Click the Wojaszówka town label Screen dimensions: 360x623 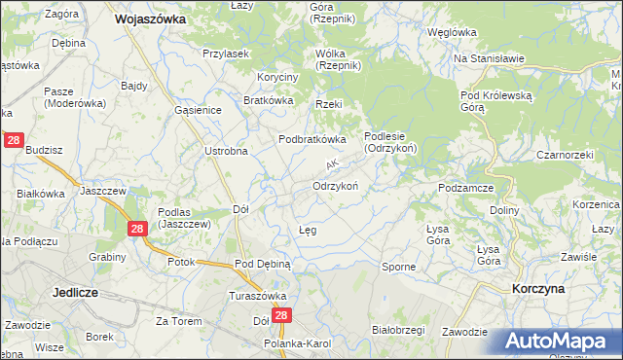click(151, 18)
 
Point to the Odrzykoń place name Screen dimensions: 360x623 click(337, 186)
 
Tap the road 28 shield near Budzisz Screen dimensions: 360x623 click(14, 141)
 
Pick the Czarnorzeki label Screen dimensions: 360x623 click(565, 155)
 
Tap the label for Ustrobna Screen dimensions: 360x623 click(226, 151)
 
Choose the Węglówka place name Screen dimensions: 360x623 click(457, 31)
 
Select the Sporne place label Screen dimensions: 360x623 click(398, 266)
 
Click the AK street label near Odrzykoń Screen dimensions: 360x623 click(332, 166)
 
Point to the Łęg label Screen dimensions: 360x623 click(307, 231)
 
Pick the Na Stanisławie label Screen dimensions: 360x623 click(490, 58)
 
